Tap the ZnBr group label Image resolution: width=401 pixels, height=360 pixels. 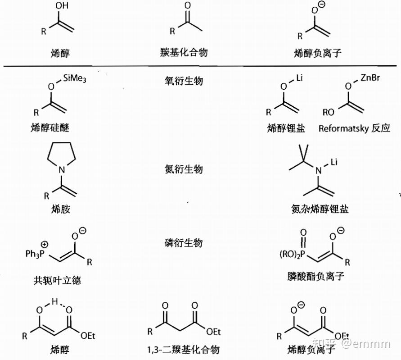(370, 78)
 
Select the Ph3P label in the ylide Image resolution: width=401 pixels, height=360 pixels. (37, 255)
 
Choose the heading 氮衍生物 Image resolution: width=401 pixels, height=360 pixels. (184, 169)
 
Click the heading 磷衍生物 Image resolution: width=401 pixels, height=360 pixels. (184, 243)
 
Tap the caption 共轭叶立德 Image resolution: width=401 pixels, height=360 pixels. (57, 280)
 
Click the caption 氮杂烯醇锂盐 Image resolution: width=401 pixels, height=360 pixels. (320, 209)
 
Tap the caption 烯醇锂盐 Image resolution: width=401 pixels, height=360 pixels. (286, 128)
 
